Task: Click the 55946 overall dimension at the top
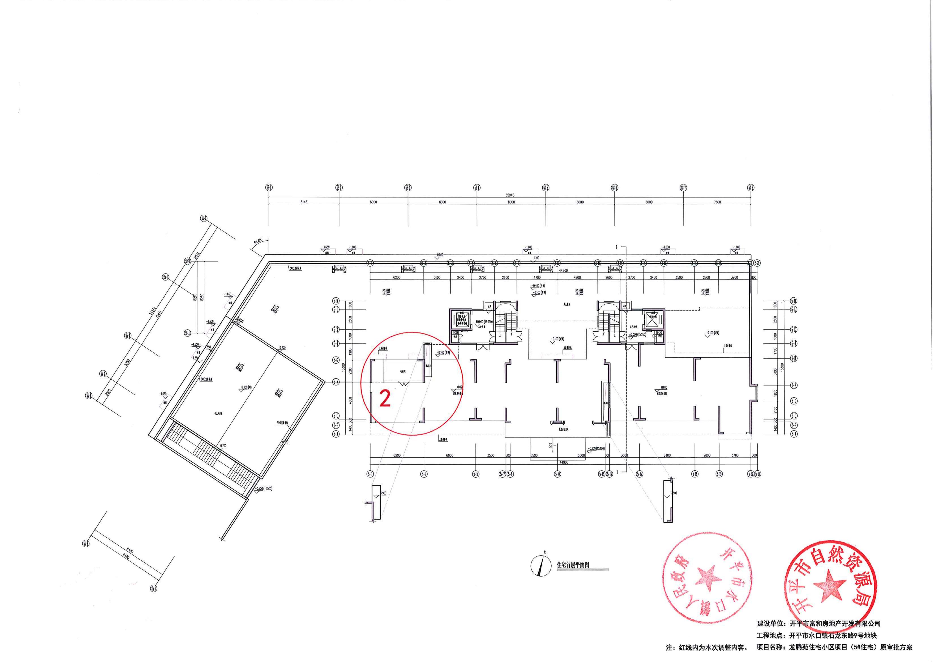(x=510, y=195)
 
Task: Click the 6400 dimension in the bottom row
(x=667, y=455)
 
